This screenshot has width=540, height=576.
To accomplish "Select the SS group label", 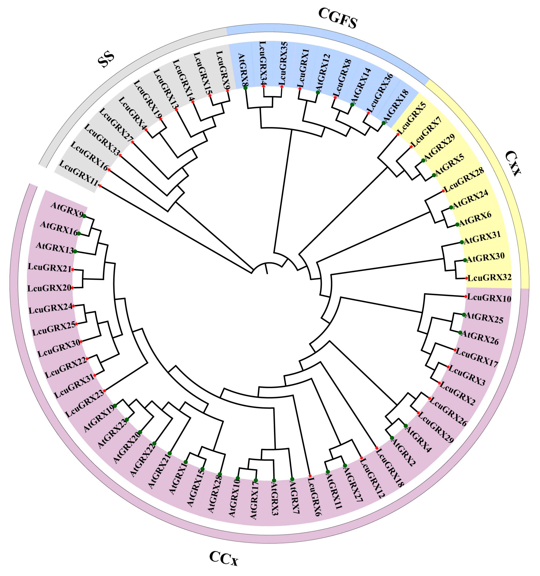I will click(106, 60).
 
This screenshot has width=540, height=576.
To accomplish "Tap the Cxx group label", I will click(512, 163).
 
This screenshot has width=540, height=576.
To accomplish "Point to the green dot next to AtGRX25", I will click(464, 315).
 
